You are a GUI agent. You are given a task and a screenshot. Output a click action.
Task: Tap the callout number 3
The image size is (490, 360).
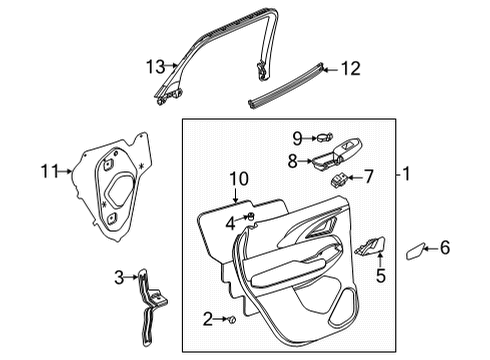pyautogui.click(x=119, y=276)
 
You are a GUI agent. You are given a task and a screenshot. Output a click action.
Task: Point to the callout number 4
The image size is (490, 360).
pyautogui.click(x=229, y=222)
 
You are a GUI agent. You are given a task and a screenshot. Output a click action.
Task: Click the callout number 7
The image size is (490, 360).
pyautogui.click(x=368, y=177)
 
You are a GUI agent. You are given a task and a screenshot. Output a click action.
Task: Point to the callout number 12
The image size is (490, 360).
pyautogui.click(x=349, y=69)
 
